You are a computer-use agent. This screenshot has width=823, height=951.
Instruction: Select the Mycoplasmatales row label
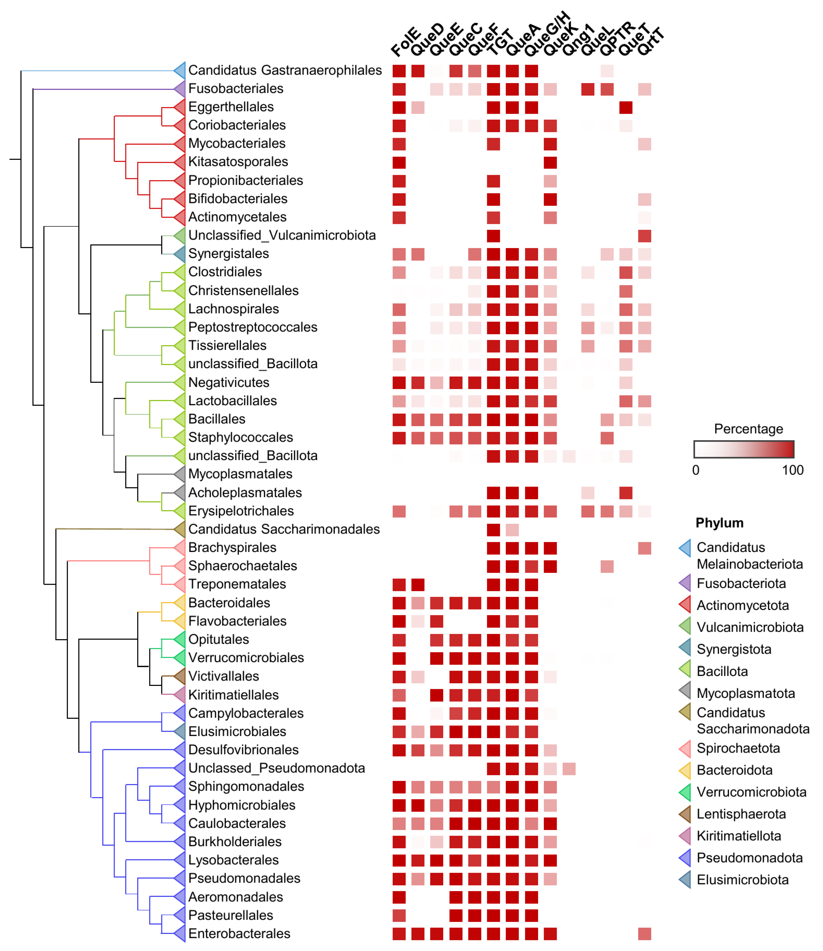[240, 474]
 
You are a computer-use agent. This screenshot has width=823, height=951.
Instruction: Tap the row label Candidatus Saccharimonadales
[284, 529]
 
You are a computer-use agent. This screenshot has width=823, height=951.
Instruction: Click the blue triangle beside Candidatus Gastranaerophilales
[180, 70]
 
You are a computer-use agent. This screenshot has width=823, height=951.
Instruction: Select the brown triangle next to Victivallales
[180, 676]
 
